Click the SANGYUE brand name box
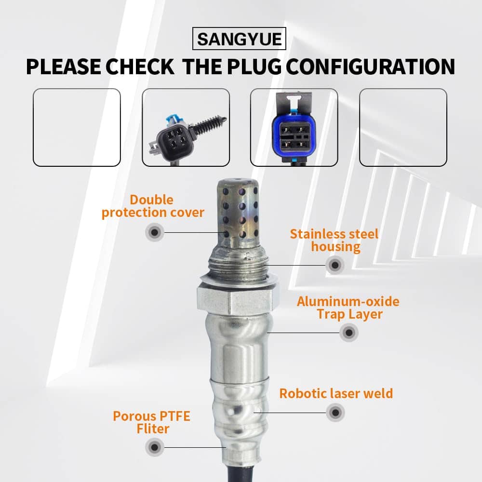point(239,39)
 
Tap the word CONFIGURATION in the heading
point(371,67)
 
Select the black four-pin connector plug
point(187,136)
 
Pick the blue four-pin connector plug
point(294,128)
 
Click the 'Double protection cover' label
point(153,206)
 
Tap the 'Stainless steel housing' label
point(335,240)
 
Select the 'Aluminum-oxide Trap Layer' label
point(348,308)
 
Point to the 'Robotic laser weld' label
point(336,393)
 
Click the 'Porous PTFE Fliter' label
point(152,422)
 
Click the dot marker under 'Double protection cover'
point(155,232)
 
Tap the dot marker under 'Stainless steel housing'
point(335,265)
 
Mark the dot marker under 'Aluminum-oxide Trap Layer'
point(349,332)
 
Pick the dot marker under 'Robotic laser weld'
point(335,413)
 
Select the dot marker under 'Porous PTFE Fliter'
point(155,447)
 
